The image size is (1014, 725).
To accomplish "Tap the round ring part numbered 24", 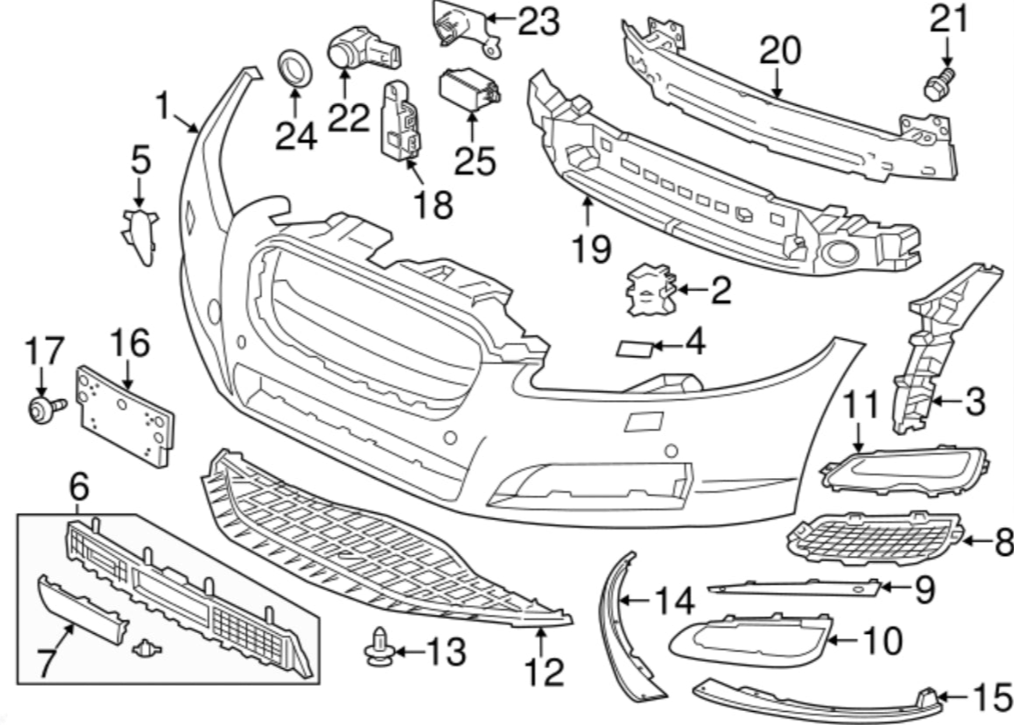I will pos(294,68).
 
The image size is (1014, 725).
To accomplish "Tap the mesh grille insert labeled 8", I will pos(875,538).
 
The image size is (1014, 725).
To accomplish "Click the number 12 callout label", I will pos(544,672).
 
